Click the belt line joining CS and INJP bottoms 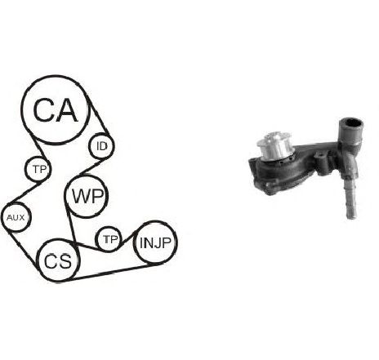point(111,272)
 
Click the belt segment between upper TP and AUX point(24,193)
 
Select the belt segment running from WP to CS point(70,222)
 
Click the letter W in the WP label point(80,196)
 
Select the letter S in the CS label point(65,261)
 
